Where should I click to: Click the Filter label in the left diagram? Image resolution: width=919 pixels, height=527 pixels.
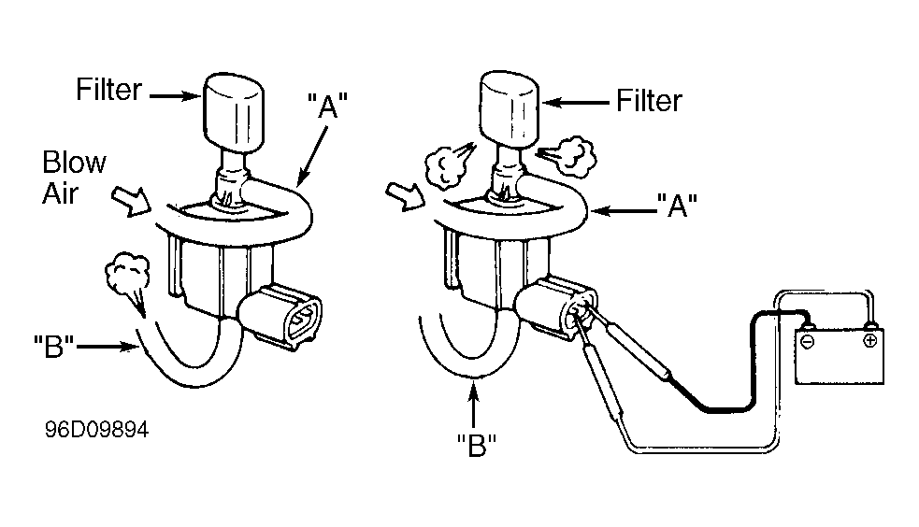109,90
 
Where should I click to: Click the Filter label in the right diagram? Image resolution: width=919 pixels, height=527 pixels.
650,101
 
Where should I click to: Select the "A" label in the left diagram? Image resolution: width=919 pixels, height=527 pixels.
327,106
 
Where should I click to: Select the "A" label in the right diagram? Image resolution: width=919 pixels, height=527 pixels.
677,205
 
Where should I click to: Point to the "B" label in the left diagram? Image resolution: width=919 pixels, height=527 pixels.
54,346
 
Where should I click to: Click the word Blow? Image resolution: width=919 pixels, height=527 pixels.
75,163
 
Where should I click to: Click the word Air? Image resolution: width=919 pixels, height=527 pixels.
61,193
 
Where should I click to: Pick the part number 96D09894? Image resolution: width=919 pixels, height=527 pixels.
96,430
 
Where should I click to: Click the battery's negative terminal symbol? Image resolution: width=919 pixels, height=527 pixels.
808,342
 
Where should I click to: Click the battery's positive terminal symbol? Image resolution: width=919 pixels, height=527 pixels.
870,340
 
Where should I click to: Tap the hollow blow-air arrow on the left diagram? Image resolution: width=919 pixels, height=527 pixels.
132,200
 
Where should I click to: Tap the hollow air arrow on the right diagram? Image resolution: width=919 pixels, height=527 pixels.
406,197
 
